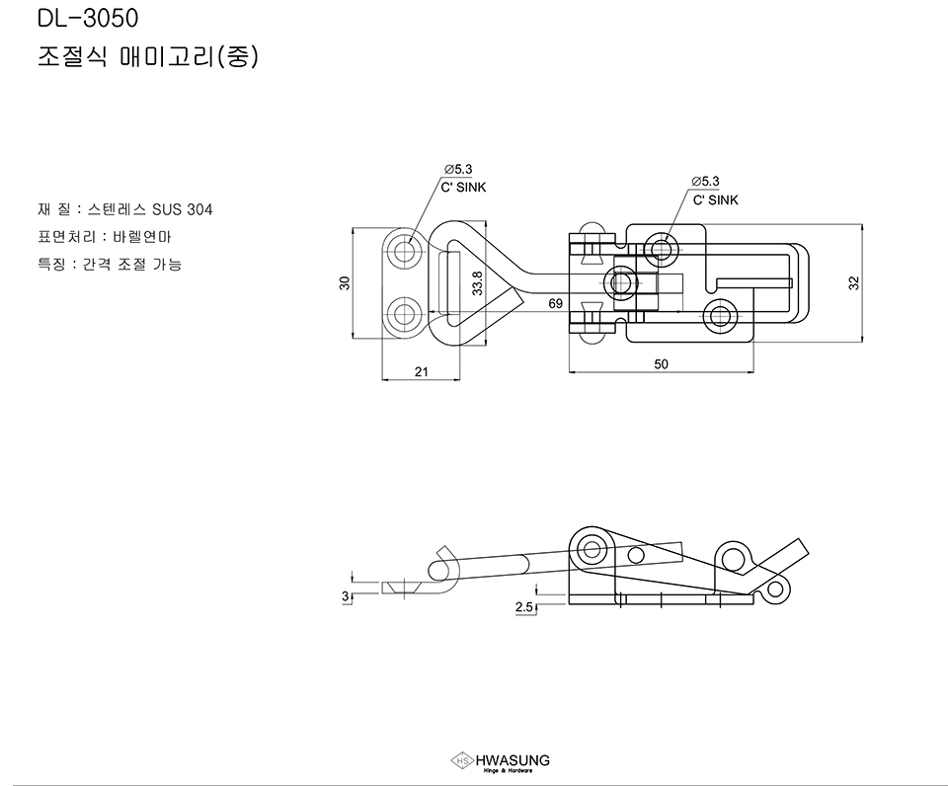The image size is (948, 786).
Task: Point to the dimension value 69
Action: click(556, 304)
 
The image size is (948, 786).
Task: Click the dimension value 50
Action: click(661, 364)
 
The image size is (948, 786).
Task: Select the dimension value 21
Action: click(421, 371)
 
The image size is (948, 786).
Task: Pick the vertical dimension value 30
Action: click(345, 283)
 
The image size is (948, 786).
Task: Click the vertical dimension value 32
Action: click(855, 283)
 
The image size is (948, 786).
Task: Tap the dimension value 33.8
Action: click(477, 284)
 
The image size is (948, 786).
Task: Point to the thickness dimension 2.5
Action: click(524, 607)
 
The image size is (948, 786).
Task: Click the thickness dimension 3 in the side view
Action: click(345, 596)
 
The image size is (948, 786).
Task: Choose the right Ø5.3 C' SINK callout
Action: click(714, 191)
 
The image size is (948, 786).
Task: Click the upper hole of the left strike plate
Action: click(403, 251)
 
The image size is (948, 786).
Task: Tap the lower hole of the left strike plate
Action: click(403, 316)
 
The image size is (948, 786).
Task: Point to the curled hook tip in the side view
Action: click(444, 564)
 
